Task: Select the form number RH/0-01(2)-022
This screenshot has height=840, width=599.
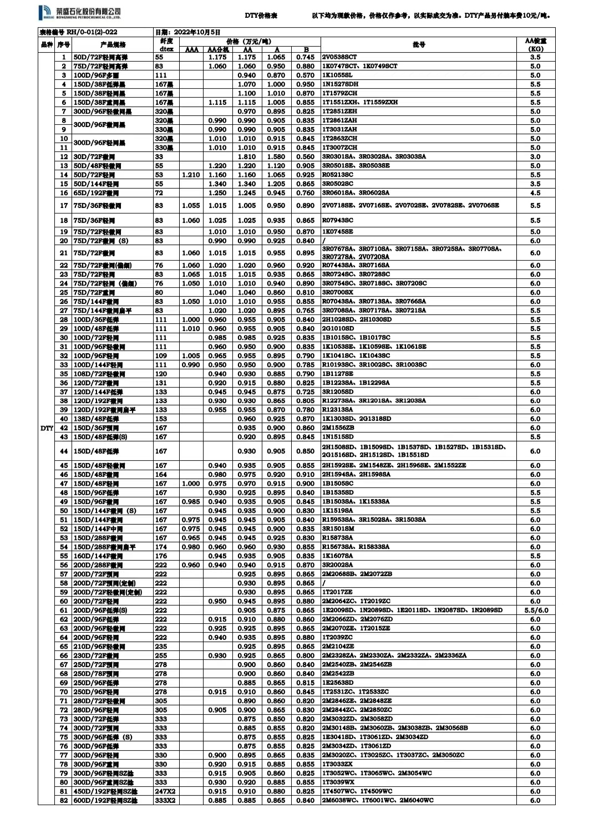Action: tap(78, 33)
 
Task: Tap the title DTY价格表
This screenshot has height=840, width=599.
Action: tap(261, 16)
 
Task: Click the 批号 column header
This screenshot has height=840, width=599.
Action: tap(419, 45)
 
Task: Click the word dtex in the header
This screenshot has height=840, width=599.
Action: tap(166, 49)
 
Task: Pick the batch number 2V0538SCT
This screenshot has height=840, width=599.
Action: tap(339, 57)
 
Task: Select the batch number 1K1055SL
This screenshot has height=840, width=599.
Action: tap(337, 75)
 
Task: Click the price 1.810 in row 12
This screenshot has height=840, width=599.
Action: tap(247, 157)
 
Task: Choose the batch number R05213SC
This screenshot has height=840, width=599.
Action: tap(338, 175)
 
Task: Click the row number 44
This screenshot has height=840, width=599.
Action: tap(64, 451)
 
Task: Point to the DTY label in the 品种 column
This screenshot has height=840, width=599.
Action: tap(47, 428)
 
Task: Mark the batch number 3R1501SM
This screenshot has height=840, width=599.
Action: tap(338, 529)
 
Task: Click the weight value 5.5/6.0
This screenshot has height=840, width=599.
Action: tap(535, 610)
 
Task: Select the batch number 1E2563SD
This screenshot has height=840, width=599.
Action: tap(338, 683)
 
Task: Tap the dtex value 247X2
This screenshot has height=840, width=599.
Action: tap(165, 792)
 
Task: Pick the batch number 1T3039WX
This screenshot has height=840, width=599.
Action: tap(338, 782)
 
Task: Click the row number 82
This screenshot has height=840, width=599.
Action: tap(64, 801)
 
